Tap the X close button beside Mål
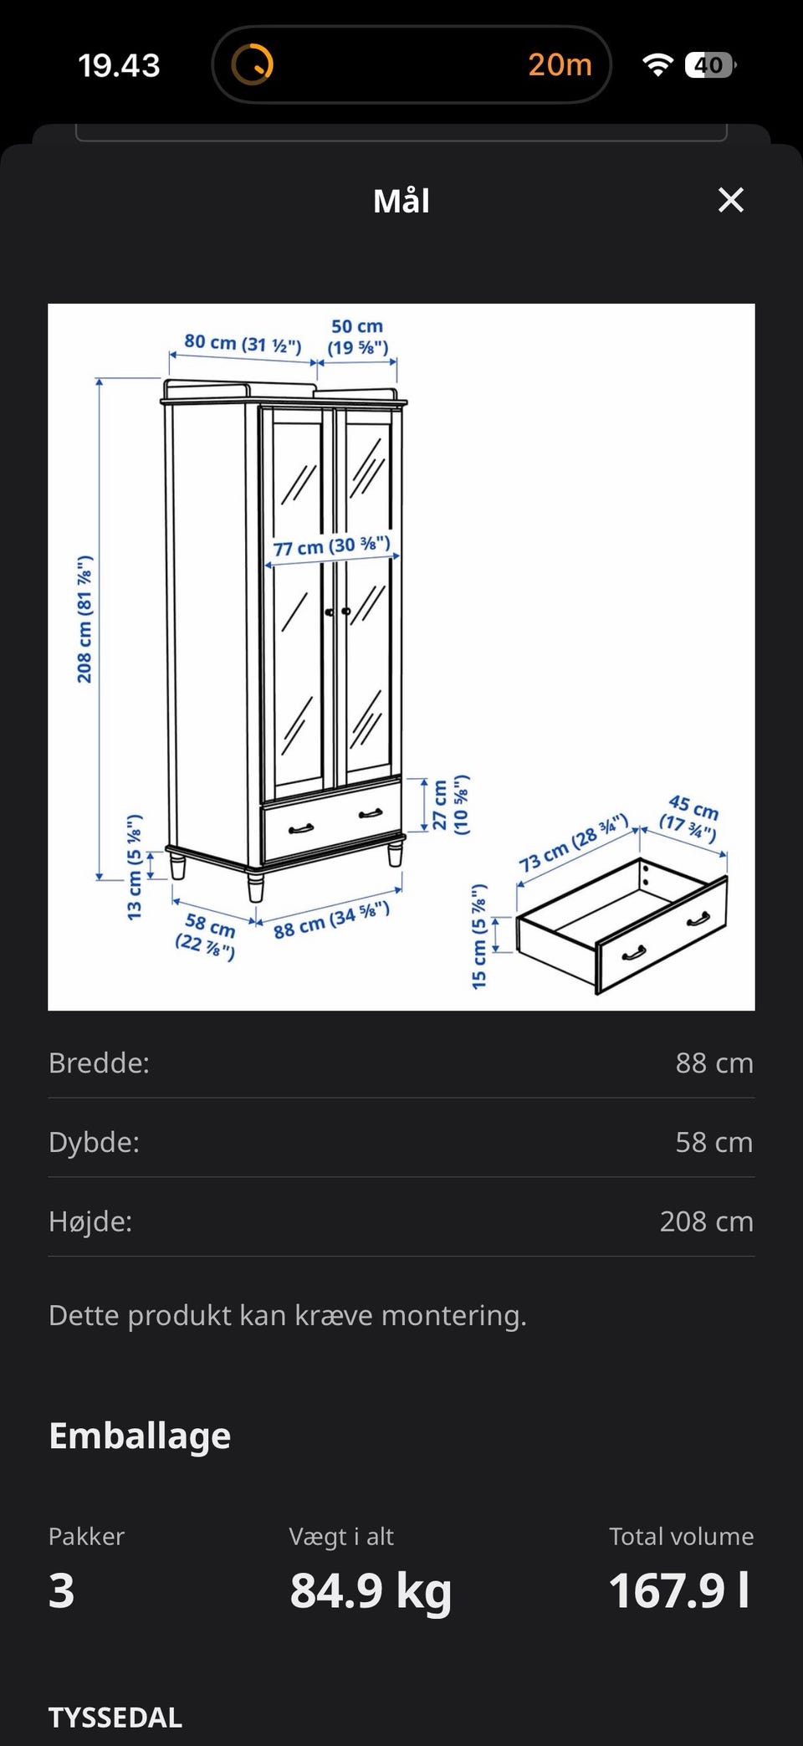[x=731, y=200]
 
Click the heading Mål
[x=401, y=201]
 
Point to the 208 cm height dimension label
[x=84, y=619]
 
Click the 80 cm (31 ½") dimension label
[x=243, y=343]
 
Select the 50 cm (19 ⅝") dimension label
[x=357, y=337]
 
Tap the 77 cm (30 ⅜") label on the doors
[x=332, y=546]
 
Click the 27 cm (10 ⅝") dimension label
[x=451, y=804]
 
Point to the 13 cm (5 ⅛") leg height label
[x=135, y=867]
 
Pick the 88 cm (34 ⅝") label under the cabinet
[x=332, y=919]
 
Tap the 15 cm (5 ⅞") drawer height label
[x=479, y=936]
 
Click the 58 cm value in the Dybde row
[x=714, y=1142]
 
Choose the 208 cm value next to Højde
[x=707, y=1221]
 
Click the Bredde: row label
[x=99, y=1062]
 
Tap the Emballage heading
[x=140, y=1436]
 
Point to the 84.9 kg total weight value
[x=371, y=1591]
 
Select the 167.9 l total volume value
[x=679, y=1590]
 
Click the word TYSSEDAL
[x=115, y=1718]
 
